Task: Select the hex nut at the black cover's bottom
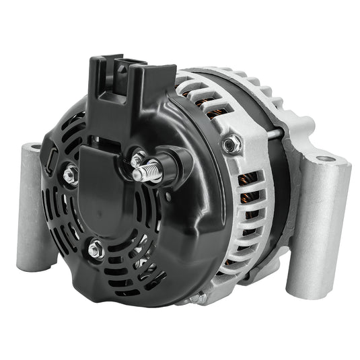click(x=96, y=249)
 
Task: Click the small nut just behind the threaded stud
click(x=138, y=161)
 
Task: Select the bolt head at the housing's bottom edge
click(x=195, y=297)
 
